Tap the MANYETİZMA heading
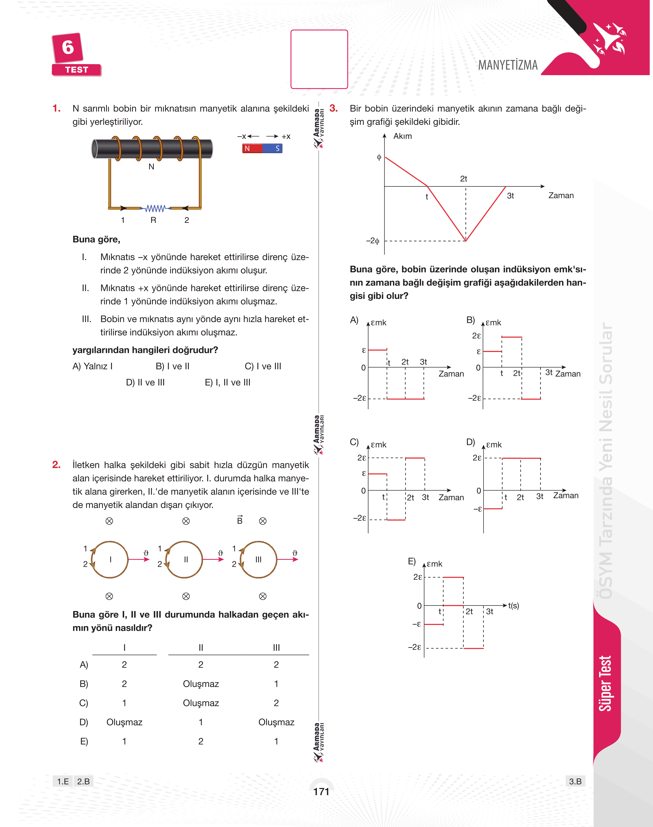click(x=508, y=65)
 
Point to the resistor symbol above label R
click(x=155, y=208)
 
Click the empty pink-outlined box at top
click(x=319, y=59)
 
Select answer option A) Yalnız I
click(x=93, y=366)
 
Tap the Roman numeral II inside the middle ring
click(x=186, y=559)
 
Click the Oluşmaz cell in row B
click(x=201, y=684)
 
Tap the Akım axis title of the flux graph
click(x=402, y=136)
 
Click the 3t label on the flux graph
click(x=510, y=196)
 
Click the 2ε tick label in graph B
click(x=476, y=336)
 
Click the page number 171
click(x=321, y=791)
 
